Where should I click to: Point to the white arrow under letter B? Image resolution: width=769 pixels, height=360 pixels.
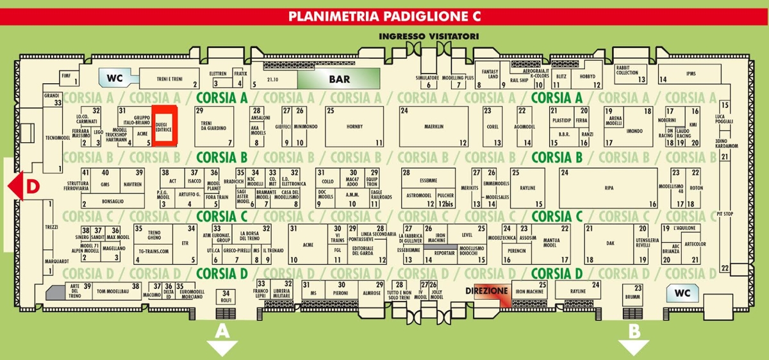point(633,347)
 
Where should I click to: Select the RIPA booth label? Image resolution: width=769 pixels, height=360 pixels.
point(608,188)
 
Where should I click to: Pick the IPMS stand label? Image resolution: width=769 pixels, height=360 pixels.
point(691,74)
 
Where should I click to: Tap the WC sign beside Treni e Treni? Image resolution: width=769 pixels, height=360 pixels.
point(115,78)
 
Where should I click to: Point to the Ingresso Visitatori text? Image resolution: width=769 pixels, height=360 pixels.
point(429,36)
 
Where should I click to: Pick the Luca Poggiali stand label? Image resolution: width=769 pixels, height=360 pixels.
point(724,119)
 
